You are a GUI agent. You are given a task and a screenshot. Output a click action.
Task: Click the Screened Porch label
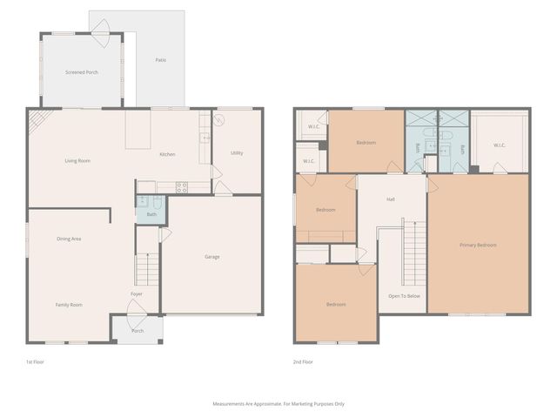[81, 72]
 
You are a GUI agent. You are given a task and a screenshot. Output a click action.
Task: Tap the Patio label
[160, 60]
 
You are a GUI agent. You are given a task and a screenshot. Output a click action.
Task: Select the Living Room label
[77, 161]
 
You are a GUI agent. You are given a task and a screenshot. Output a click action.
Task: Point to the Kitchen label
[167, 154]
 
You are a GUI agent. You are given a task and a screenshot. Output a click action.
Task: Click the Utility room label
[237, 153]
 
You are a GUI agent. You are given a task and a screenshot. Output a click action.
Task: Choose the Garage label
[211, 257]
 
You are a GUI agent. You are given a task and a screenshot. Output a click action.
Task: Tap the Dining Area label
[69, 239]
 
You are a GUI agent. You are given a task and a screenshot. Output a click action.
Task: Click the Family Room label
[69, 305]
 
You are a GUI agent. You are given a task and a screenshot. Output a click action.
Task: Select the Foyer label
[137, 294]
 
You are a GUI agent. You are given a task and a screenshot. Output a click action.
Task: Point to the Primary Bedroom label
[478, 246]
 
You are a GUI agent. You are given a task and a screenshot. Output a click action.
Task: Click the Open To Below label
[404, 296]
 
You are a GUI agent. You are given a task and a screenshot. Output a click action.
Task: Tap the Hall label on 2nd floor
[392, 200]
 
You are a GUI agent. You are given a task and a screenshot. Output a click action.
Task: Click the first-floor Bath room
[151, 212]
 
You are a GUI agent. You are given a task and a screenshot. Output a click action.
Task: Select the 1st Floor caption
[36, 361]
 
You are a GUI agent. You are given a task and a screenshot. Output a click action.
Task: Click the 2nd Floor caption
[303, 361]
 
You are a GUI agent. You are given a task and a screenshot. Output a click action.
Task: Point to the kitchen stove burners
[181, 185]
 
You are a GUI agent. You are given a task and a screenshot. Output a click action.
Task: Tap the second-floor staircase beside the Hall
[414, 253]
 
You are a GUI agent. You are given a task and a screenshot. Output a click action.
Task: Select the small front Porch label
[137, 331]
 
